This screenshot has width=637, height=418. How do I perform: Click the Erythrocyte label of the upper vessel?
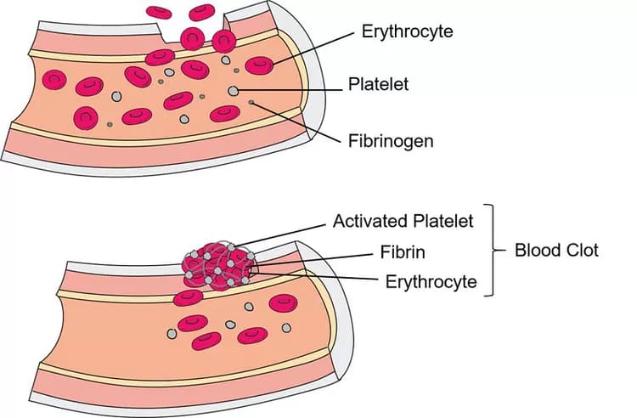pyautogui.click(x=407, y=32)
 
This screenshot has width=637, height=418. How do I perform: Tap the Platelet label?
pyautogui.click(x=378, y=85)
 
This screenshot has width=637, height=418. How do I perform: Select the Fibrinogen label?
pyautogui.click(x=391, y=141)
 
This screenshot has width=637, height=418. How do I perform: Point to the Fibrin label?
pyautogui.click(x=403, y=252)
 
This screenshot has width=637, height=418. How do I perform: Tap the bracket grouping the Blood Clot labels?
pyautogui.click(x=492, y=250)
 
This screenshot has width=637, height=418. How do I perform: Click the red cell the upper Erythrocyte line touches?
pyautogui.click(x=259, y=65)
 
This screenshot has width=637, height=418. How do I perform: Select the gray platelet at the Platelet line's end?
pyautogui.click(x=234, y=90)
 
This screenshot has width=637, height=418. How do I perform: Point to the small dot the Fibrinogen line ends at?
pyautogui.click(x=251, y=104)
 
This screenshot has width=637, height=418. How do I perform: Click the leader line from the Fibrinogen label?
pyautogui.click(x=297, y=121)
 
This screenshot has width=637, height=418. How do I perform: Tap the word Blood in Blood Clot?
pyautogui.click(x=537, y=250)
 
